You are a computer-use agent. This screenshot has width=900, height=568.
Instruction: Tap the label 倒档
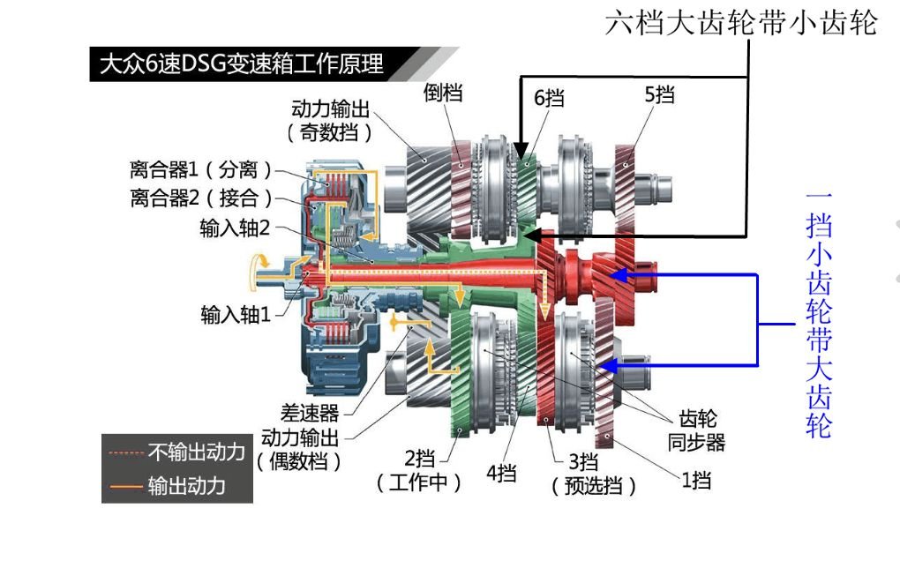coord(443,92)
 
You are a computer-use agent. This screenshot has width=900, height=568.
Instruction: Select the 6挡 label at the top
coord(549,96)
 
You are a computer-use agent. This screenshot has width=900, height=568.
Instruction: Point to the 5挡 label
coord(660,94)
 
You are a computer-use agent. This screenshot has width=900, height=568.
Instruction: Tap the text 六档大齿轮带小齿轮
coord(741,23)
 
